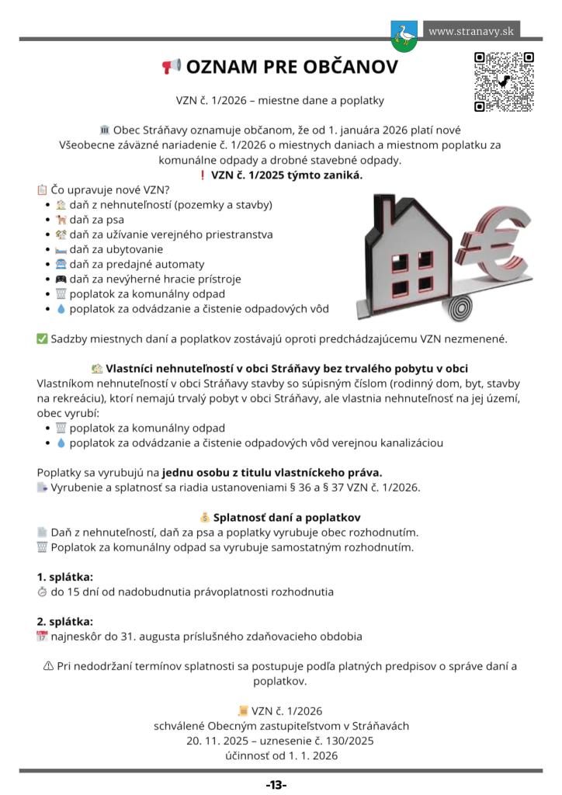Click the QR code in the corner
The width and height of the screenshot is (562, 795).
pyautogui.click(x=504, y=82)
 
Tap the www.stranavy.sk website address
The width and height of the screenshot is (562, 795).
pyautogui.click(x=471, y=32)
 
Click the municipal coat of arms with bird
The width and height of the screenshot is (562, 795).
pyautogui.click(x=404, y=36)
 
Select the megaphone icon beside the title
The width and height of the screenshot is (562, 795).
pyautogui.click(x=171, y=67)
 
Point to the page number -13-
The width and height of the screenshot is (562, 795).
pyautogui.click(x=276, y=785)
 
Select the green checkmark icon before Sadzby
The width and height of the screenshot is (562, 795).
pyautogui.click(x=42, y=338)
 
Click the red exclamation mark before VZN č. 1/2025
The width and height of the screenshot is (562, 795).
pyautogui.click(x=203, y=175)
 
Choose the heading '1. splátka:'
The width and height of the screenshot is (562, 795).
pyautogui.click(x=65, y=577)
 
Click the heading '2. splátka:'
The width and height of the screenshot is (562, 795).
pyautogui.click(x=65, y=621)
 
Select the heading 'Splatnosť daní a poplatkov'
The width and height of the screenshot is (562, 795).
pyautogui.click(x=286, y=517)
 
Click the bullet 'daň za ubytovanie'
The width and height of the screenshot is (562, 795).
pyautogui.click(x=116, y=249)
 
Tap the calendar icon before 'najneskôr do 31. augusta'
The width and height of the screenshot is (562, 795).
pyautogui.click(x=42, y=637)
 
